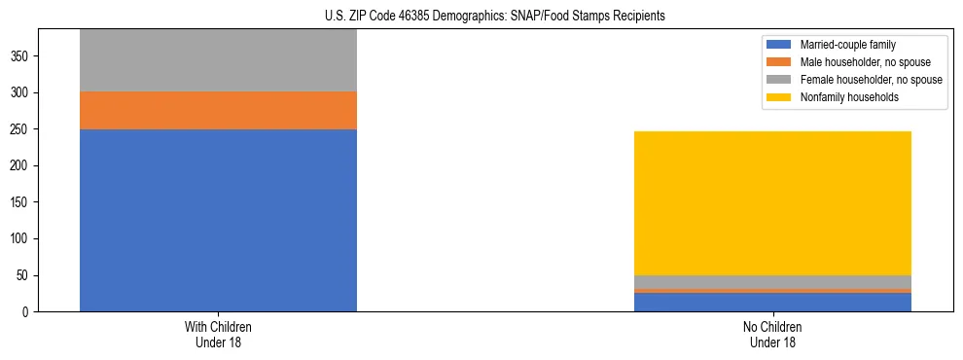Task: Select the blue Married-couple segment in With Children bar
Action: tap(218, 220)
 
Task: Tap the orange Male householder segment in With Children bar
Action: tap(218, 110)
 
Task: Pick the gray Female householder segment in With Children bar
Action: tap(218, 60)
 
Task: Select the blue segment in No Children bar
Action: tap(772, 302)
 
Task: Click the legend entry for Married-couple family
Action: tap(847, 45)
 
